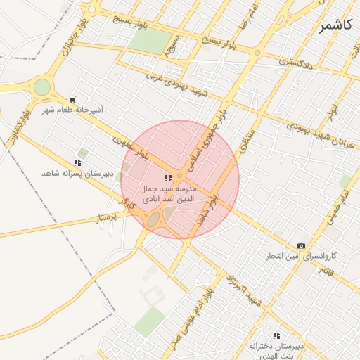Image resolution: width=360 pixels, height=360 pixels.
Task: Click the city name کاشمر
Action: tap(337, 26)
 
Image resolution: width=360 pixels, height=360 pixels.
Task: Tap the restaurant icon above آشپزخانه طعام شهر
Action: tap(73, 100)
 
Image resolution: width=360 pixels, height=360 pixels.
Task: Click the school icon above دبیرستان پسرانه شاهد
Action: tap(77, 162)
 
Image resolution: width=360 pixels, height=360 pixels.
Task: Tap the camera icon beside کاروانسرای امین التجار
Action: tap(301, 245)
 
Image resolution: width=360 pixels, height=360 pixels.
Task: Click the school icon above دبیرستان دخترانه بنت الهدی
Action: tap(276, 335)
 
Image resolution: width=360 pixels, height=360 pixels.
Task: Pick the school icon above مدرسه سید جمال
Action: tap(168, 179)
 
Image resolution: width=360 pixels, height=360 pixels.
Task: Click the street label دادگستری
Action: tap(297, 63)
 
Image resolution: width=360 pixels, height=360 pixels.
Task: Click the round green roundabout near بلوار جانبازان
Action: tap(42, 86)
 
